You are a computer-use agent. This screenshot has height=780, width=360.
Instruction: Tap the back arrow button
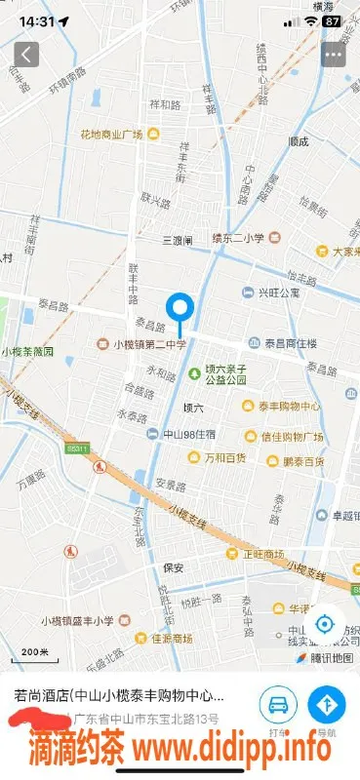coord(26,54)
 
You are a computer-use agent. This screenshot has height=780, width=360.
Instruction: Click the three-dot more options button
coord(334,54)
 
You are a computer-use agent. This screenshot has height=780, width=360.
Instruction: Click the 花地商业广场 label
coord(112,133)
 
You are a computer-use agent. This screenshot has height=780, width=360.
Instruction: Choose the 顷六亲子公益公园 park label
coord(227,374)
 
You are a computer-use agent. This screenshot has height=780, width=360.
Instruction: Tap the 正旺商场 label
coord(261,553)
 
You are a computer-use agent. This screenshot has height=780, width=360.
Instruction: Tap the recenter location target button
coord(326,624)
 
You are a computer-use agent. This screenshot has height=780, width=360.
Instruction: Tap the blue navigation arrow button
coord(326,703)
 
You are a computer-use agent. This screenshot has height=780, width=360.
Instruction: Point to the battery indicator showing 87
coord(332,19)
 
